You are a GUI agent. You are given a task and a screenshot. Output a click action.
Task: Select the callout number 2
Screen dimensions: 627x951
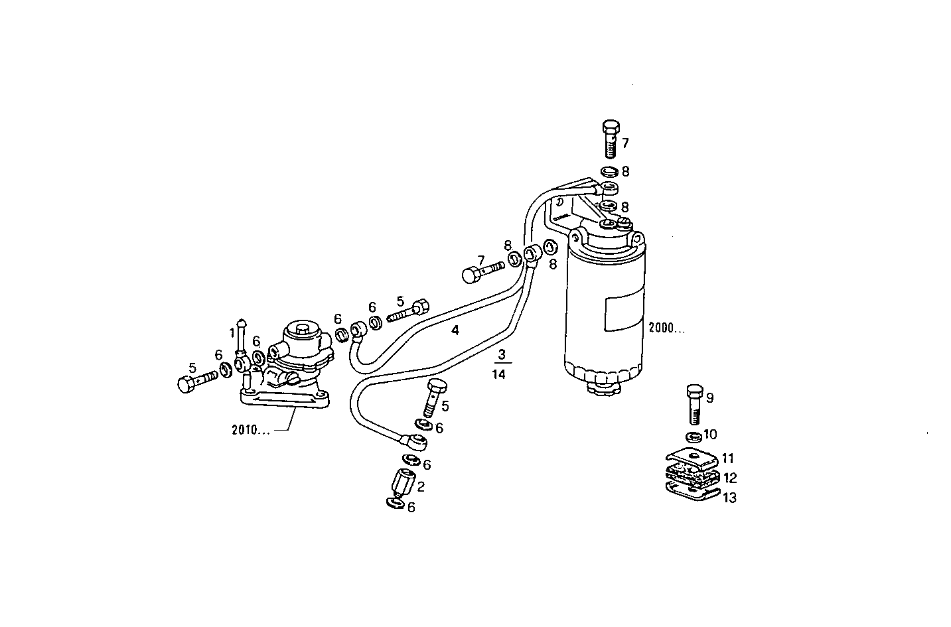tap(421, 486)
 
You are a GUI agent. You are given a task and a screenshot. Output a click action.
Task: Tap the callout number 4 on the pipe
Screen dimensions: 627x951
tap(455, 330)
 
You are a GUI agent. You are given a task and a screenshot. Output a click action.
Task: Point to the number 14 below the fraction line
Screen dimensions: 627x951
tap(499, 374)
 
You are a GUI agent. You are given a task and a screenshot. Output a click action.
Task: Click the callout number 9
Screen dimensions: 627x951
tap(709, 398)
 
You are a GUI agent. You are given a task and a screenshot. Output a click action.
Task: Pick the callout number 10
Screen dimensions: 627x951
tap(710, 435)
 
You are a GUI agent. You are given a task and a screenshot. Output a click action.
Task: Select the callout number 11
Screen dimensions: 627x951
tap(729, 458)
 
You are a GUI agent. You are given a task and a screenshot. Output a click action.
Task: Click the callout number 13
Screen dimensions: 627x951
tap(729, 498)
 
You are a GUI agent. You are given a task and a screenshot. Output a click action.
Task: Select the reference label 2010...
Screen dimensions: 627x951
tap(250, 430)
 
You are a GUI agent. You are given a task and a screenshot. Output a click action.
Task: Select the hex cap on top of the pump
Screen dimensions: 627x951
tap(304, 330)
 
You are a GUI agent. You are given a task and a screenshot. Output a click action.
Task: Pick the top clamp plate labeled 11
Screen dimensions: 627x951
tap(690, 456)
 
